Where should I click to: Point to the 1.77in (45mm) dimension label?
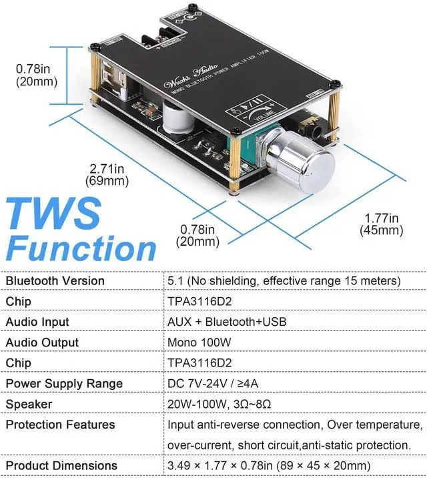pyautogui.click(x=382, y=224)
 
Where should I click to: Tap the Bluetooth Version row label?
pyautogui.click(x=55, y=280)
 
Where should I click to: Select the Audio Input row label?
pyautogui.click(x=37, y=322)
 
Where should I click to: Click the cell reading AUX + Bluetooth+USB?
pyautogui.click(x=227, y=322)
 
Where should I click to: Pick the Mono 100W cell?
pyautogui.click(x=199, y=342)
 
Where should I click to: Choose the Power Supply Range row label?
pyautogui.click(x=64, y=383)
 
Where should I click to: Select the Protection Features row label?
pyautogui.click(x=60, y=425)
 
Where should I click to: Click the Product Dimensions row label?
pyautogui.click(x=61, y=465)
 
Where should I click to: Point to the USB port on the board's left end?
pyautogui.click(x=114, y=77)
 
